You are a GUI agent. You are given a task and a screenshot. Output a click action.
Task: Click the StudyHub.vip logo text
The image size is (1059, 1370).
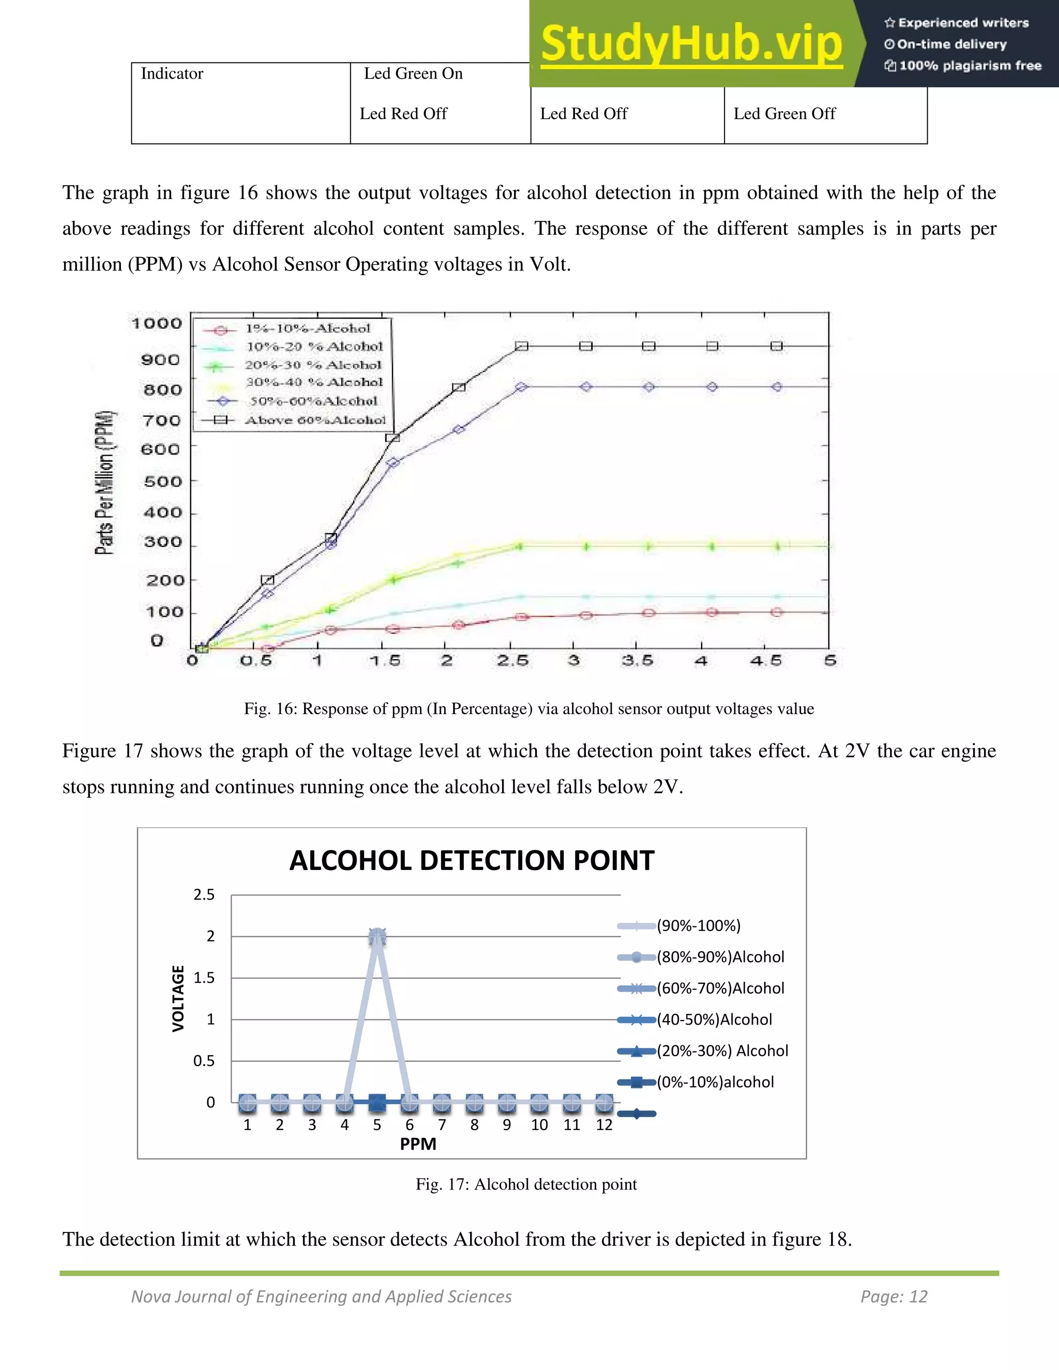click(x=691, y=43)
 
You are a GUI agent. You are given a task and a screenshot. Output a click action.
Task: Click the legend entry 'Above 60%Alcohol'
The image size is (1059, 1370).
click(x=315, y=420)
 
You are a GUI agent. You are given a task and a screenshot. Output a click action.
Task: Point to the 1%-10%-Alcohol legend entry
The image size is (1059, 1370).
click(x=308, y=329)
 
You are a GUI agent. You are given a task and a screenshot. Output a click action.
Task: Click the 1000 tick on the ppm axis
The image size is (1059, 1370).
click(x=157, y=324)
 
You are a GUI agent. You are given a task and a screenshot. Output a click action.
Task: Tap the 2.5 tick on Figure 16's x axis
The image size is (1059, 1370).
click(x=512, y=661)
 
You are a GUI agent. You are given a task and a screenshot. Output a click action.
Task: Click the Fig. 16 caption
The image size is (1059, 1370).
click(x=529, y=709)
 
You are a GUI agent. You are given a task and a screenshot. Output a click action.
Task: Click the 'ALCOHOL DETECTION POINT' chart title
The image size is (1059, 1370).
click(x=472, y=861)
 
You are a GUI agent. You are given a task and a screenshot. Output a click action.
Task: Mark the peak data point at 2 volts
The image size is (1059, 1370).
click(x=377, y=938)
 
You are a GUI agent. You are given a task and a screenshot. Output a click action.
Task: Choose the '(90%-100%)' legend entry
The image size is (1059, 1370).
click(x=698, y=926)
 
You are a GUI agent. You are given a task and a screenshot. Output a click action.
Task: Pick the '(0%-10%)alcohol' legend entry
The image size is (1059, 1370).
click(x=715, y=1082)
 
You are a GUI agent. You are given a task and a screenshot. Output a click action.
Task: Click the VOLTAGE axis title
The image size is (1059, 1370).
click(x=179, y=998)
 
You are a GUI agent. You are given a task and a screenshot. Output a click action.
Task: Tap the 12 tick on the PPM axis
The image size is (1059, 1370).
click(x=604, y=1125)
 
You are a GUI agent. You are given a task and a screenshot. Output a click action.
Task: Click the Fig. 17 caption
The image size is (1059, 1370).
click(x=526, y=1184)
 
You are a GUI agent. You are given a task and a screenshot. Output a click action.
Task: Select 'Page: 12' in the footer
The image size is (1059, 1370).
click(x=894, y=1297)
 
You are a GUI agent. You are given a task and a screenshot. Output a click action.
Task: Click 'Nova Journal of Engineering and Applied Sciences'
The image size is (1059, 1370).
click(x=321, y=1297)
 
